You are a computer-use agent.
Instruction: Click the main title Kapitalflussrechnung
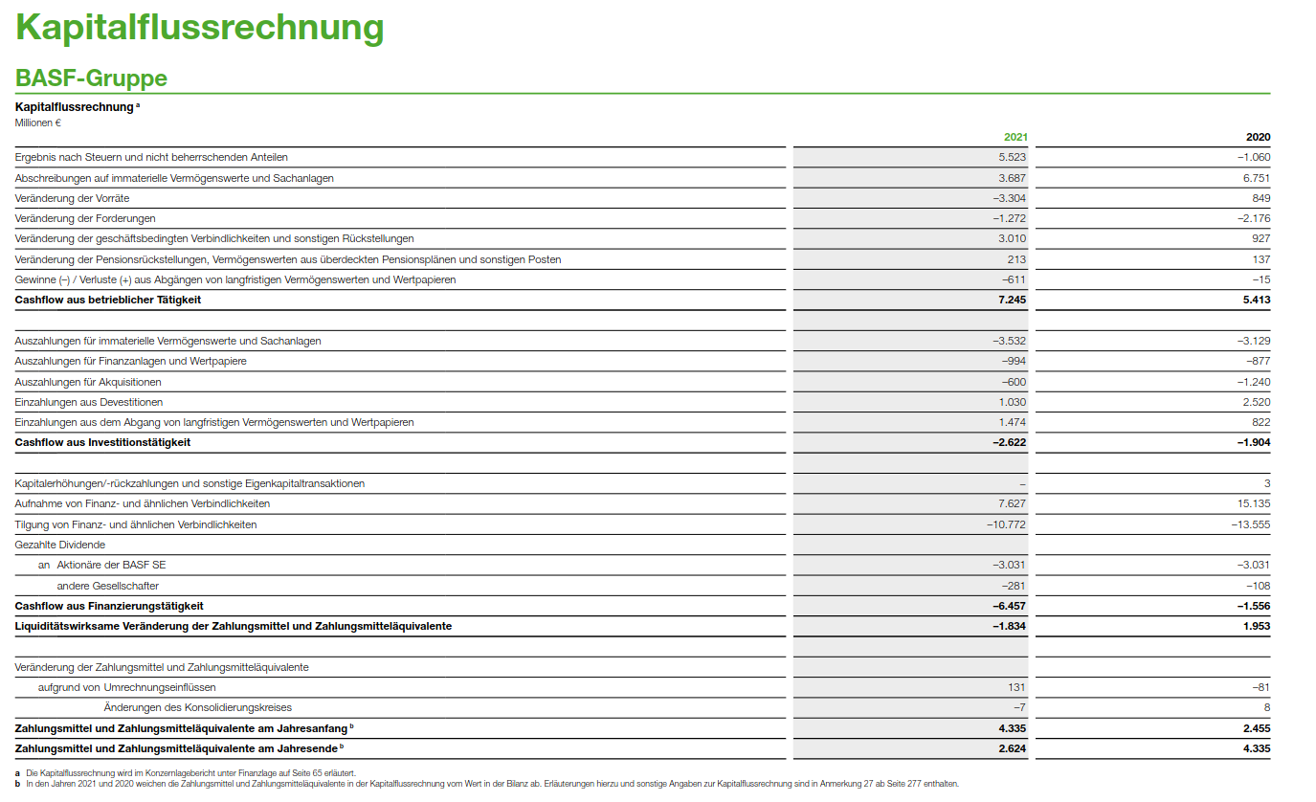tap(199, 27)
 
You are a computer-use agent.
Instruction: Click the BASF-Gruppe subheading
tap(91, 78)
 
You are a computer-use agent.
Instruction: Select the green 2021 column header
tap(1015, 137)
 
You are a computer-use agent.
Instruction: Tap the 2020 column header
tap(1258, 137)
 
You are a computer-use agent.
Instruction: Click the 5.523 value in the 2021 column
tap(1012, 157)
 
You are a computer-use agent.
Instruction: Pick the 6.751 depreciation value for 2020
tap(1256, 178)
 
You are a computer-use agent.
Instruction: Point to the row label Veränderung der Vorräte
tap(72, 198)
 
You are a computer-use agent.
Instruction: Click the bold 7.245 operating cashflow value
tap(1012, 300)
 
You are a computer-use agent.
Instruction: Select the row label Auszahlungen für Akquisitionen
tap(88, 382)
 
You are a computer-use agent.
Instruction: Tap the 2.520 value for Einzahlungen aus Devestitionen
tap(1256, 402)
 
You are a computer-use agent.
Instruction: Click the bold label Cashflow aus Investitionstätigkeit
tap(102, 442)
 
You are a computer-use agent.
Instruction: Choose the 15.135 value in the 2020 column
tap(1254, 503)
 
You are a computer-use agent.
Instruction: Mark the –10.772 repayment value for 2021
tap(1006, 524)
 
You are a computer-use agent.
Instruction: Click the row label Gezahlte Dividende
tap(60, 545)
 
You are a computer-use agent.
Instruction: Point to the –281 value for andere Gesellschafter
tap(1014, 585)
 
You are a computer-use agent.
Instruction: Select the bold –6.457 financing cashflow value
tap(1009, 606)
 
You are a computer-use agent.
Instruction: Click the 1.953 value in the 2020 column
tap(1256, 626)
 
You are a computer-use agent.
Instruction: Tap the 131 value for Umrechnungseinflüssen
tap(1016, 687)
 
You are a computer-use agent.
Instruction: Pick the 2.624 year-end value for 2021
tap(1012, 748)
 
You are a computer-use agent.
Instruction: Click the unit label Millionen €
tap(38, 123)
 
